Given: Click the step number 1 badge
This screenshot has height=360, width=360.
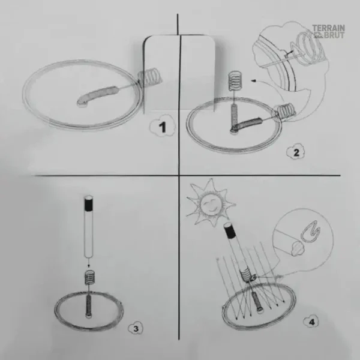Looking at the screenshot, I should pyautogui.click(x=160, y=127).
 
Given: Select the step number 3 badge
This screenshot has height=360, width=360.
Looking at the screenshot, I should pyautogui.click(x=136, y=328).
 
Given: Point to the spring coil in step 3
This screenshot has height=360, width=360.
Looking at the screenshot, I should pyautogui.click(x=89, y=277).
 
